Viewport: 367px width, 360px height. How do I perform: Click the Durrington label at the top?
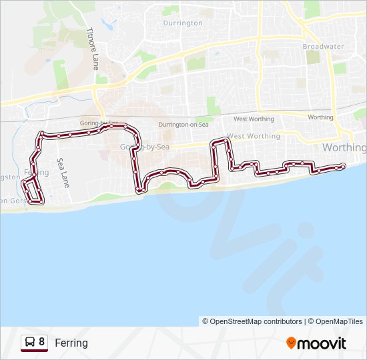[x=183, y=23]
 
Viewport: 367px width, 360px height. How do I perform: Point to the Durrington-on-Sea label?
[x=183, y=125]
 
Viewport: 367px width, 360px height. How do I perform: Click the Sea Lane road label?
[x=63, y=173]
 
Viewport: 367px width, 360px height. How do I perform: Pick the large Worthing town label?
[x=344, y=147]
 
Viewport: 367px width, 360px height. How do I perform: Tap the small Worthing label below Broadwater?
[x=320, y=117]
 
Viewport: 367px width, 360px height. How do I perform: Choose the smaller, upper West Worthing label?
[x=254, y=119]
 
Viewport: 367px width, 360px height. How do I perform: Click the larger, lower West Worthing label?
[x=254, y=136]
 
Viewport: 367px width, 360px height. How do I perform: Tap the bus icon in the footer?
[x=29, y=343]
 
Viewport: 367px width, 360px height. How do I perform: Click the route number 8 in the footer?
[x=42, y=342]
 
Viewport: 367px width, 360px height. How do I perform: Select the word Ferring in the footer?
[x=71, y=343]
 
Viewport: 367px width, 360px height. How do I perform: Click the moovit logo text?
[x=322, y=343]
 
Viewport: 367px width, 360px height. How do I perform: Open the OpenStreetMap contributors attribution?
[x=252, y=321]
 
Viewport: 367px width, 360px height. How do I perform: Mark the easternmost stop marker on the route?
[x=342, y=165]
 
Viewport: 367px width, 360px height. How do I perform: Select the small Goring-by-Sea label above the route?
[x=100, y=124]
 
